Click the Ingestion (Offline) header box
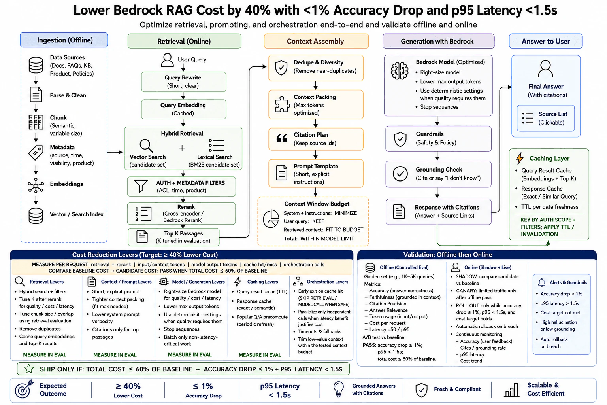pos(64,40)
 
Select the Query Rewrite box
pos(183,81)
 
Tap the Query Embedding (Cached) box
pos(183,109)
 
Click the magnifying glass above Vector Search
pos(146,146)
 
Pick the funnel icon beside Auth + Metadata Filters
pos(141,186)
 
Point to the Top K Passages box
pos(174,237)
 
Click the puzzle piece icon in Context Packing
pos(282,104)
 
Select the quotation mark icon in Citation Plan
pos(282,138)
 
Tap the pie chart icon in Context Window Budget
pos(271,219)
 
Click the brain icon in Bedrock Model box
pos(400,71)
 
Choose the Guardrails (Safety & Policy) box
pos(438,138)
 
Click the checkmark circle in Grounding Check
pos(400,174)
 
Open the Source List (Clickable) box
pos(545,118)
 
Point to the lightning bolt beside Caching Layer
pos(520,158)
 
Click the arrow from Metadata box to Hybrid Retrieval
pos(115,152)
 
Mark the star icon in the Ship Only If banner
pos(29,369)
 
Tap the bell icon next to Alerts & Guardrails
pos(541,282)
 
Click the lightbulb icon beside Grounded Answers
pos(339,390)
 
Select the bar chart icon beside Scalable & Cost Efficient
pos(511,390)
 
